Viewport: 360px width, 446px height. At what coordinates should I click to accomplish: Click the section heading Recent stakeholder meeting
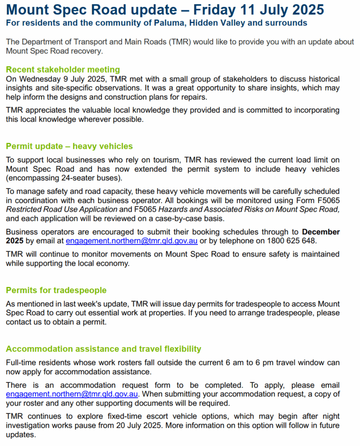63,70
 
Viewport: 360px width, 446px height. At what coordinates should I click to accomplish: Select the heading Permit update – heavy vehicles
69,146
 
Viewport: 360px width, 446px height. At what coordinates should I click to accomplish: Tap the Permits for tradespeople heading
56,290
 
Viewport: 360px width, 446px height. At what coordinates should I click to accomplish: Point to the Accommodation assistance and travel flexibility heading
103,348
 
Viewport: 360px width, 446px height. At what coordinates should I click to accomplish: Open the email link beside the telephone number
132,240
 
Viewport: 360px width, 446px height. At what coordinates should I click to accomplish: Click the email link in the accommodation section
72,394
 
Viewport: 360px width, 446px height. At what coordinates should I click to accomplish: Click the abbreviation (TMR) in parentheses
178,42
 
